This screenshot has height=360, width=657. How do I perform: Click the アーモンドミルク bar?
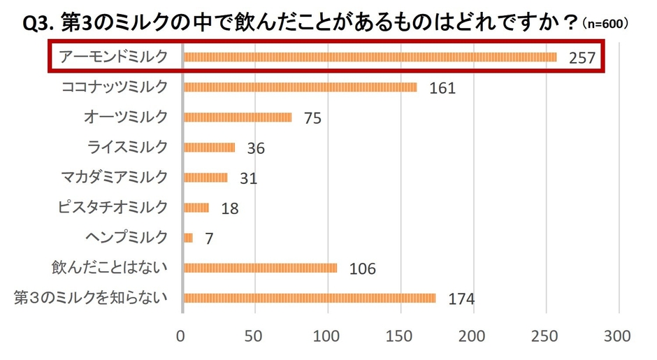point(370,57)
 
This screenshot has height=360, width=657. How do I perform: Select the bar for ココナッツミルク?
point(300,87)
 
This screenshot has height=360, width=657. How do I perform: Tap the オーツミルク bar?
point(238,117)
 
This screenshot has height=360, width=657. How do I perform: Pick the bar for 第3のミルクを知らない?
point(309,298)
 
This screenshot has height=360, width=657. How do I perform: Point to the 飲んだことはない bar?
point(260,268)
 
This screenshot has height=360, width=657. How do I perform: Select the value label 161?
point(442,88)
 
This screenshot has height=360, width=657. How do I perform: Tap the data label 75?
point(312,118)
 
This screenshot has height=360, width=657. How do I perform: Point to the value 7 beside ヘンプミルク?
point(209,238)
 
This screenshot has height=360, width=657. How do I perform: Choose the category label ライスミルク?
point(128,147)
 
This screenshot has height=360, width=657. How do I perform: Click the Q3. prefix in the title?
point(39,24)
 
